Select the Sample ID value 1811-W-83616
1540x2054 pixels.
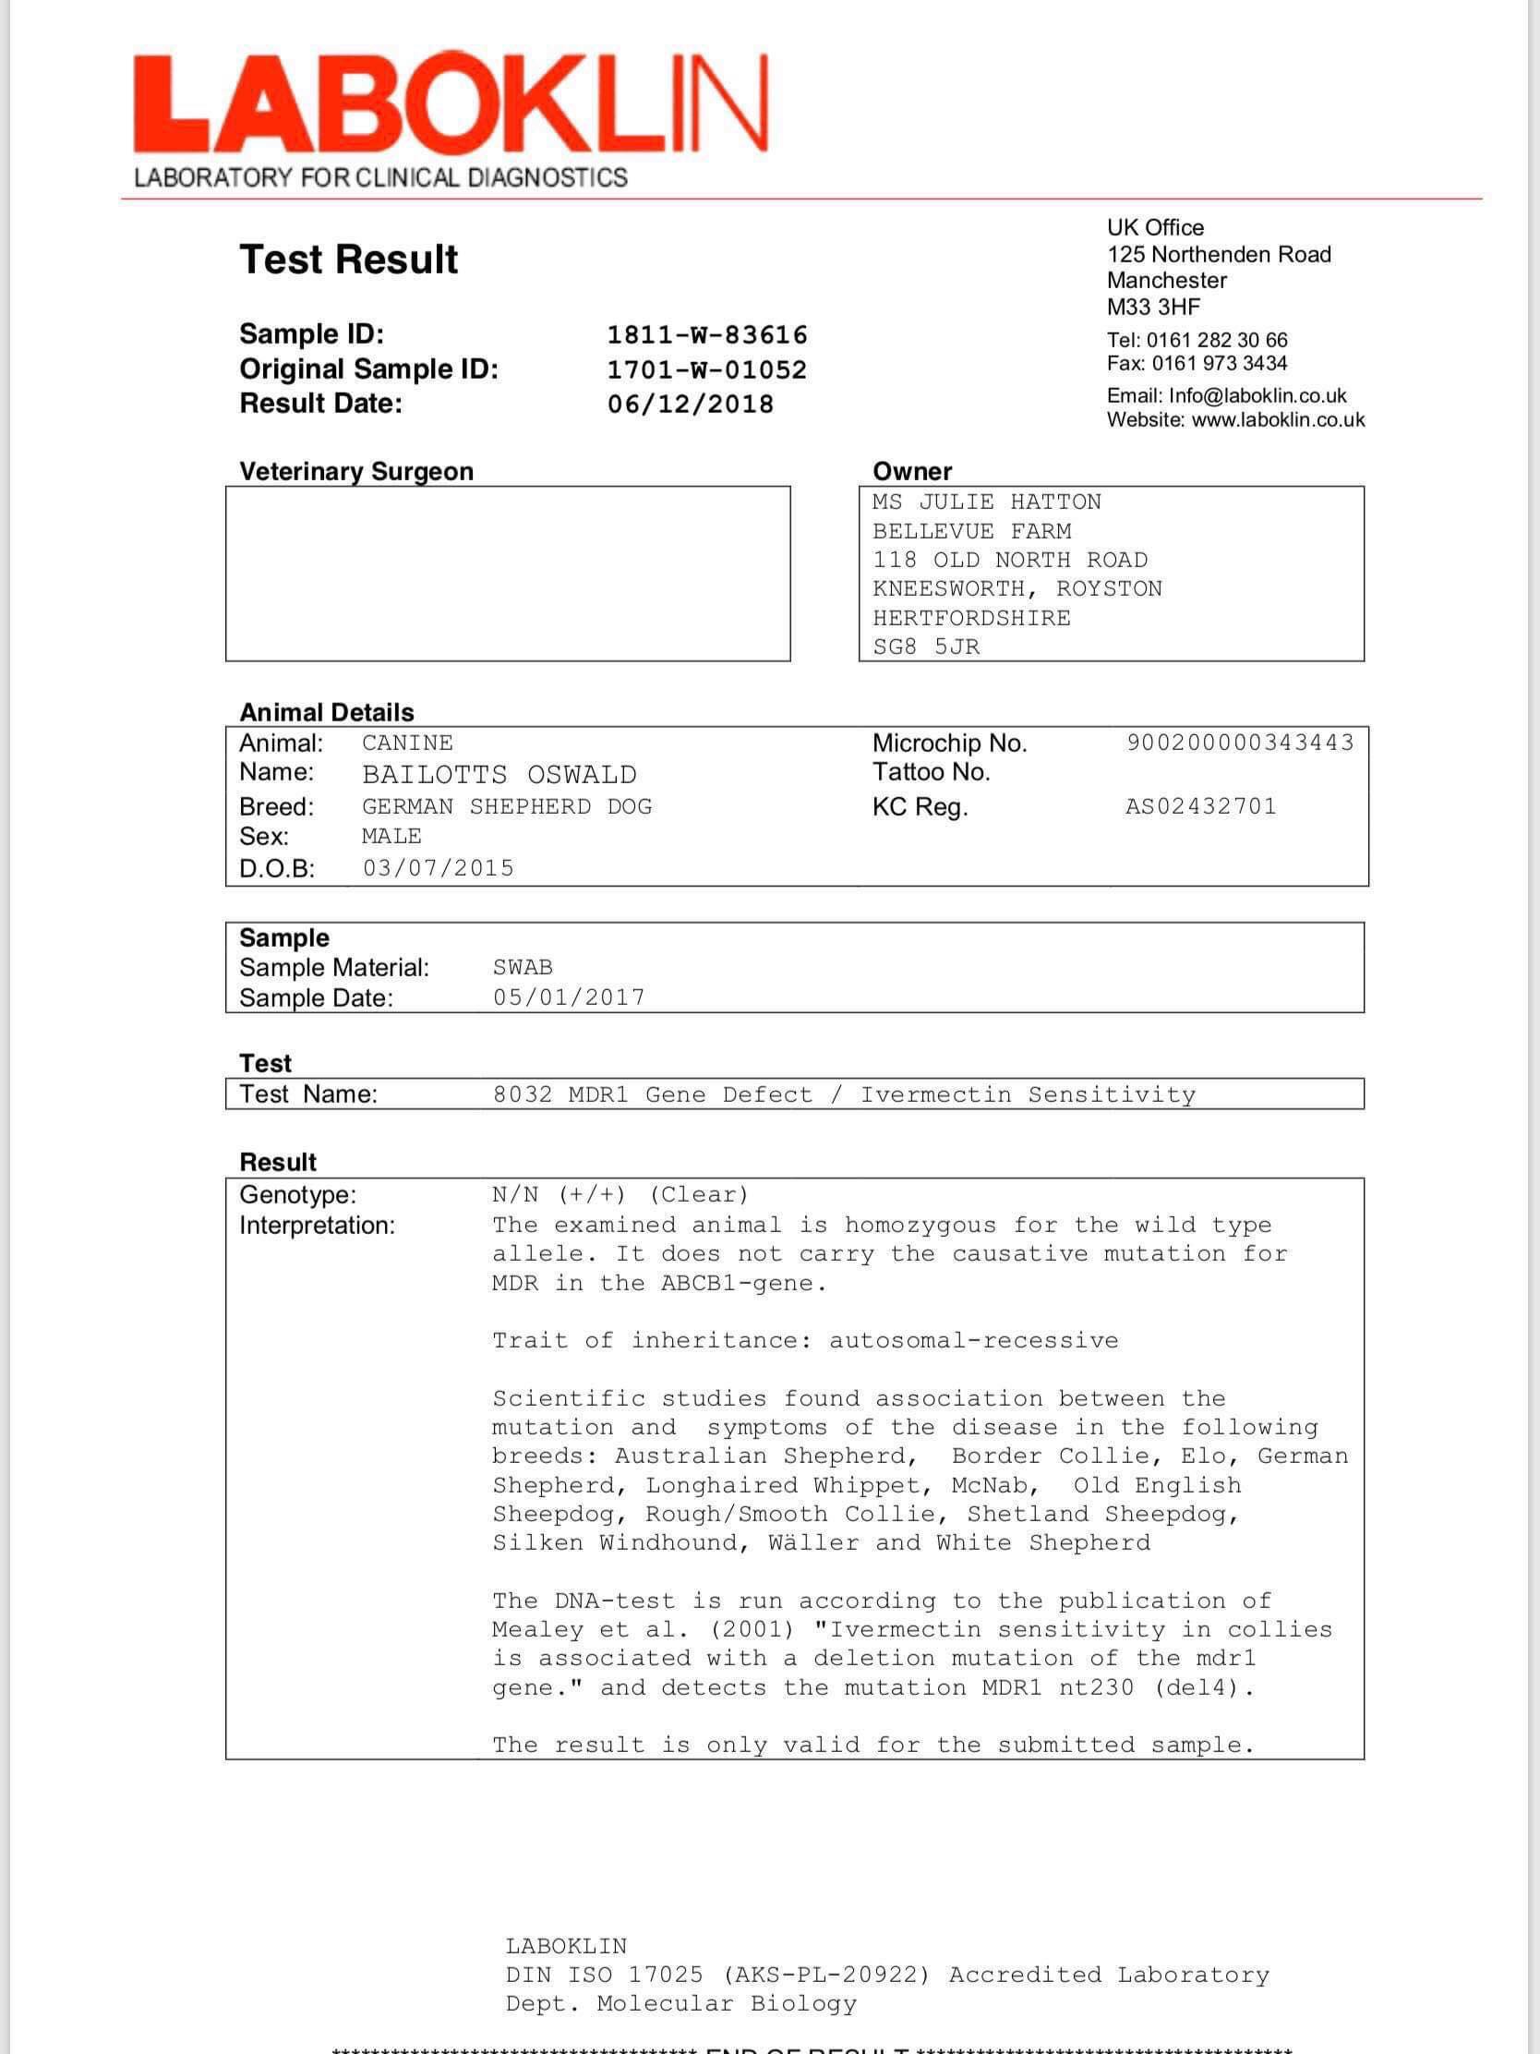(707, 335)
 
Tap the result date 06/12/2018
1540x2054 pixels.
(691, 404)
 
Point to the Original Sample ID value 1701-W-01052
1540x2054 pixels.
(707, 369)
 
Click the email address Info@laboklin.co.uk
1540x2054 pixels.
(1257, 395)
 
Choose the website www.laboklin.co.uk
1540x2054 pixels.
(1278, 419)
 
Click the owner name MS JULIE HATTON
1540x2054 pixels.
(987, 502)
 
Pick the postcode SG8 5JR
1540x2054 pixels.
(925, 646)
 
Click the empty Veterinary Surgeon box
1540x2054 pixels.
(508, 574)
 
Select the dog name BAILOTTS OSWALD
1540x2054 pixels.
(499, 775)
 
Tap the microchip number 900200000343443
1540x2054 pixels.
(1240, 743)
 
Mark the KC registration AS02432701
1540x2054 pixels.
(1201, 806)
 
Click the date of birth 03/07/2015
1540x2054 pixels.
(439, 868)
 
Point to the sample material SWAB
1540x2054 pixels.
(523, 968)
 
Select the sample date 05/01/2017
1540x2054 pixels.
(569, 997)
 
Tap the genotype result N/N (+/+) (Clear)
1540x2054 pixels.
(620, 1194)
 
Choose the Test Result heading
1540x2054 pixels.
(349, 260)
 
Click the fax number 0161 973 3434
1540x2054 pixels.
(1220, 363)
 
